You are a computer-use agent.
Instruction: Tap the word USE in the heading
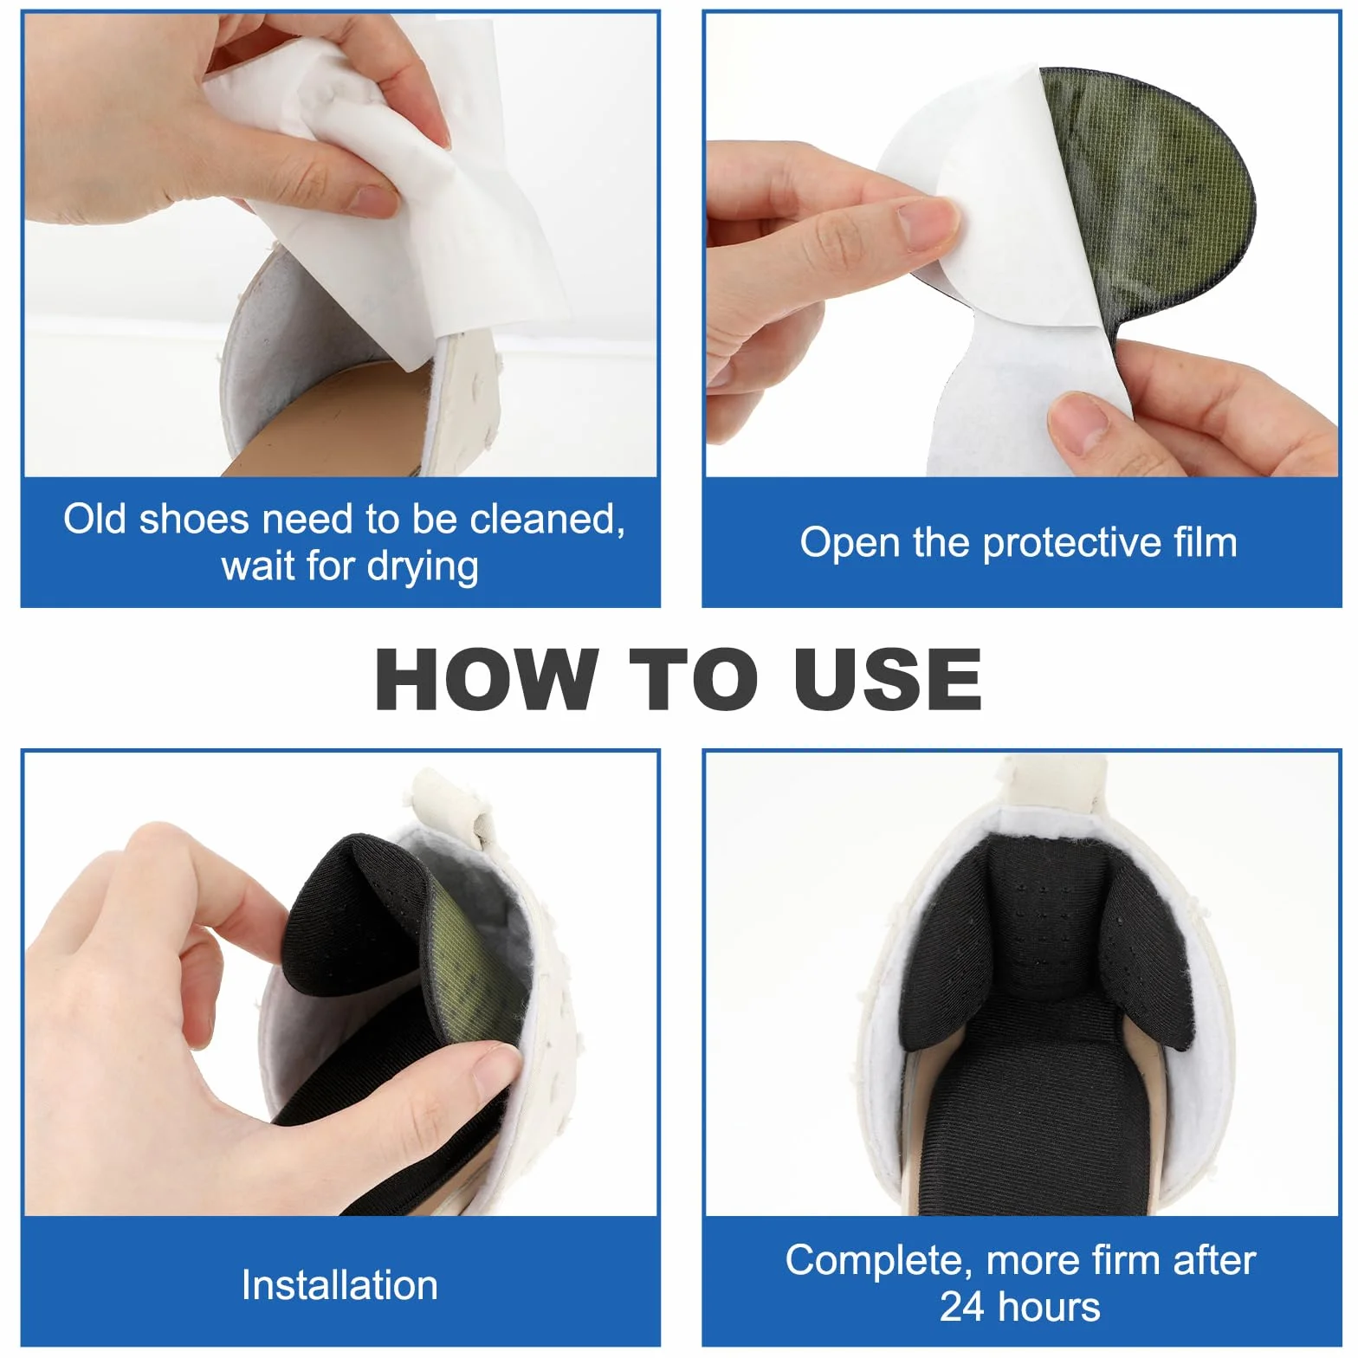pyautogui.click(x=888, y=680)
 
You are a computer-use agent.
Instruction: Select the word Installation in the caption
pyautogui.click(x=339, y=1285)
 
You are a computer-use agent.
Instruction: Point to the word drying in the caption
pyautogui.click(x=423, y=568)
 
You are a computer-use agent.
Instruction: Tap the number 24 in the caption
pyautogui.click(x=961, y=1307)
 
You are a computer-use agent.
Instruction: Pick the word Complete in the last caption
pyautogui.click(x=879, y=1261)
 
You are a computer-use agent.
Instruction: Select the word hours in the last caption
pyautogui.click(x=1047, y=1307)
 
